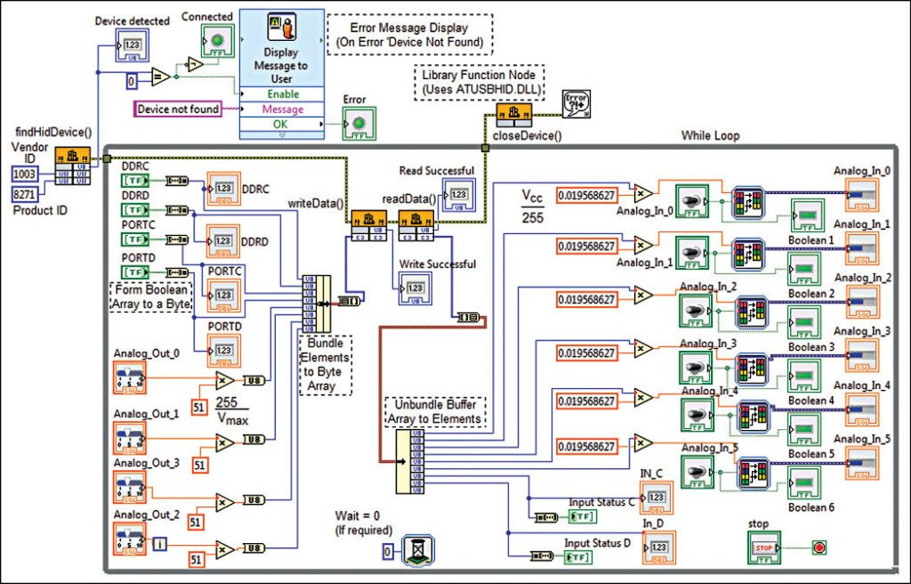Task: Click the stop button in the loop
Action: click(x=764, y=547)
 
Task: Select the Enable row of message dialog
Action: click(x=283, y=93)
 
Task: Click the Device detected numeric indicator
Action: click(x=132, y=45)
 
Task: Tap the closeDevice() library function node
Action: click(x=513, y=115)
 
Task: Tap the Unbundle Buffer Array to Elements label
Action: click(x=433, y=411)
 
